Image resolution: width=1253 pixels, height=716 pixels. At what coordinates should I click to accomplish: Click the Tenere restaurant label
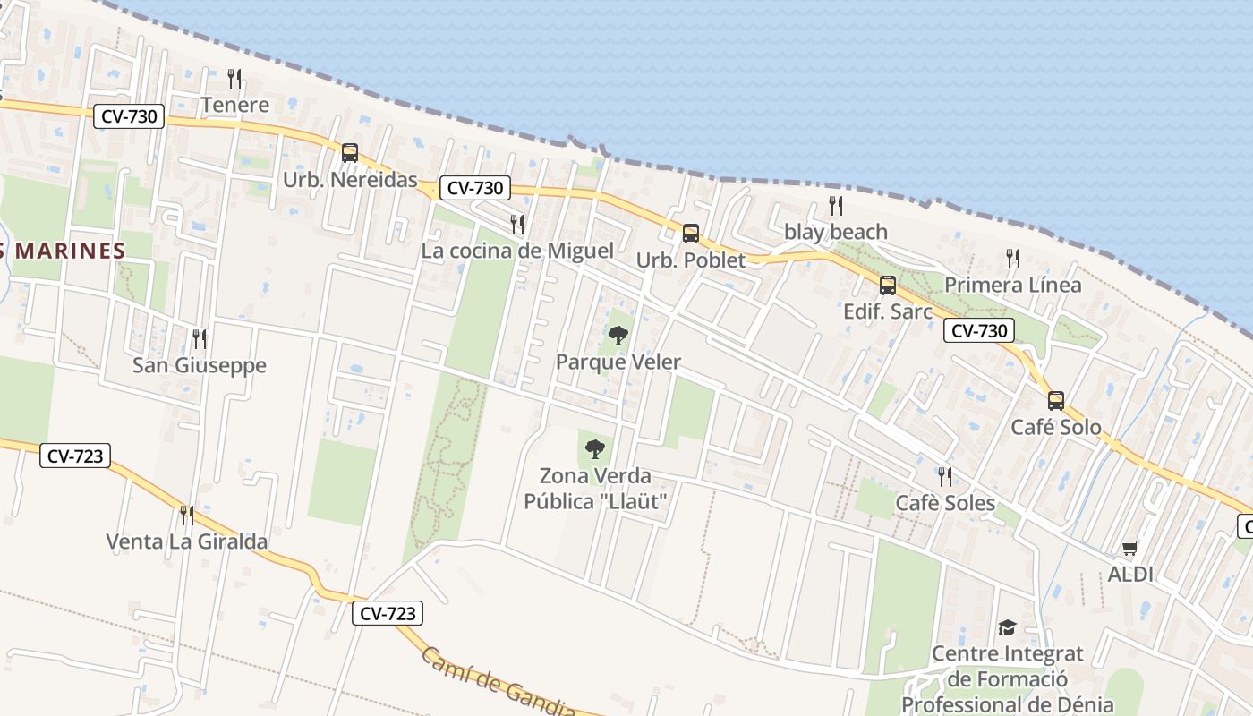(x=234, y=105)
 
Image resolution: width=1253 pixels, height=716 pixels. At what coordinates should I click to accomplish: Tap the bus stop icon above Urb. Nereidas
(x=350, y=153)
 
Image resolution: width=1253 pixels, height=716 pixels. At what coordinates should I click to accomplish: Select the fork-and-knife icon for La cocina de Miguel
(x=517, y=224)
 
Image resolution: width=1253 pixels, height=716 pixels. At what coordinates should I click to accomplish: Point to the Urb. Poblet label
(x=690, y=260)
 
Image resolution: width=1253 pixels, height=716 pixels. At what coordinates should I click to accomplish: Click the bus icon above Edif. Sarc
(x=887, y=286)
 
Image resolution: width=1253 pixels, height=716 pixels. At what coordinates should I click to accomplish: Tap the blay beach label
(x=835, y=232)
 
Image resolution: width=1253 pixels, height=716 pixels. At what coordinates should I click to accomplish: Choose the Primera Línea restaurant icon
(x=1012, y=259)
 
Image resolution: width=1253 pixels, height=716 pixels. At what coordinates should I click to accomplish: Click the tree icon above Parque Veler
(x=618, y=337)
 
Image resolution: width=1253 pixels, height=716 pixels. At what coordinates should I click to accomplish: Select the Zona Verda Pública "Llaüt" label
(x=595, y=489)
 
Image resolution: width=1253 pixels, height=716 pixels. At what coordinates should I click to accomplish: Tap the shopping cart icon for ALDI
(x=1130, y=549)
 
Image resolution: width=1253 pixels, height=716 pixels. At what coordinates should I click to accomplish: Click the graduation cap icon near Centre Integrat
(x=1007, y=627)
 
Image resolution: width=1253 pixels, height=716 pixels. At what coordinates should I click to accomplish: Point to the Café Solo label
(x=1056, y=427)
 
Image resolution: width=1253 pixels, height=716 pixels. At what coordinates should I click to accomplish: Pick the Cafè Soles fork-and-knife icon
(x=945, y=476)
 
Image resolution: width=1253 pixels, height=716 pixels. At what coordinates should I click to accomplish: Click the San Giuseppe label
(x=200, y=365)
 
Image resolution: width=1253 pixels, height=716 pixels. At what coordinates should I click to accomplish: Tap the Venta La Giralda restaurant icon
(x=186, y=515)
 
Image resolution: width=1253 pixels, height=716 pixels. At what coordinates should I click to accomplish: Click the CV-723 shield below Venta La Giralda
(x=387, y=613)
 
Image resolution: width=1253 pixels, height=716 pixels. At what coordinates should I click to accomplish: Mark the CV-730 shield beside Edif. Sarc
(x=979, y=330)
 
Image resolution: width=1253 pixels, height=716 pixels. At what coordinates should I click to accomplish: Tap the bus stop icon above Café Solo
(x=1056, y=400)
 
